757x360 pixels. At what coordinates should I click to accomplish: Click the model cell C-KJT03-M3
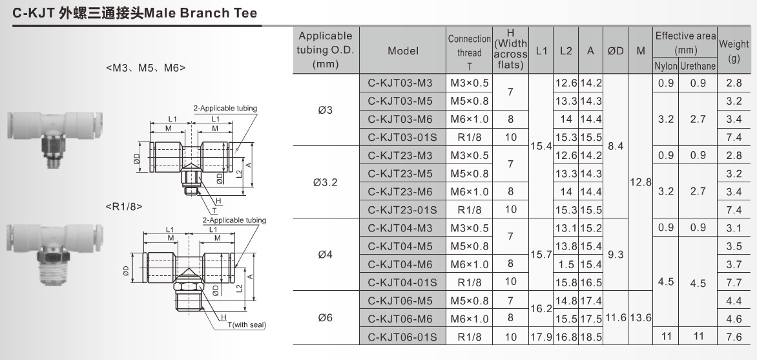(402, 83)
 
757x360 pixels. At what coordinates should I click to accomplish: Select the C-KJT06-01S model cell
(402, 337)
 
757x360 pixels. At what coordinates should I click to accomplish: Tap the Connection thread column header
(470, 52)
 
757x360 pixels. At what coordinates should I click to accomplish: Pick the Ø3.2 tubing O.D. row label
(326, 183)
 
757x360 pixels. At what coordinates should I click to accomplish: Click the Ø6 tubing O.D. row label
(326, 318)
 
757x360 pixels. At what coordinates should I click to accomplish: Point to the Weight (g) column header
(734, 51)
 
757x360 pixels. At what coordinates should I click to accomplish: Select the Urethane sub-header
(698, 66)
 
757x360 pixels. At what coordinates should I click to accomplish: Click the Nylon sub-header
(666, 66)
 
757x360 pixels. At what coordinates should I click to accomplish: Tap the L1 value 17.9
(541, 337)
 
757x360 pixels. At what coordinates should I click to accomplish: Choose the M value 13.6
(641, 318)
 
